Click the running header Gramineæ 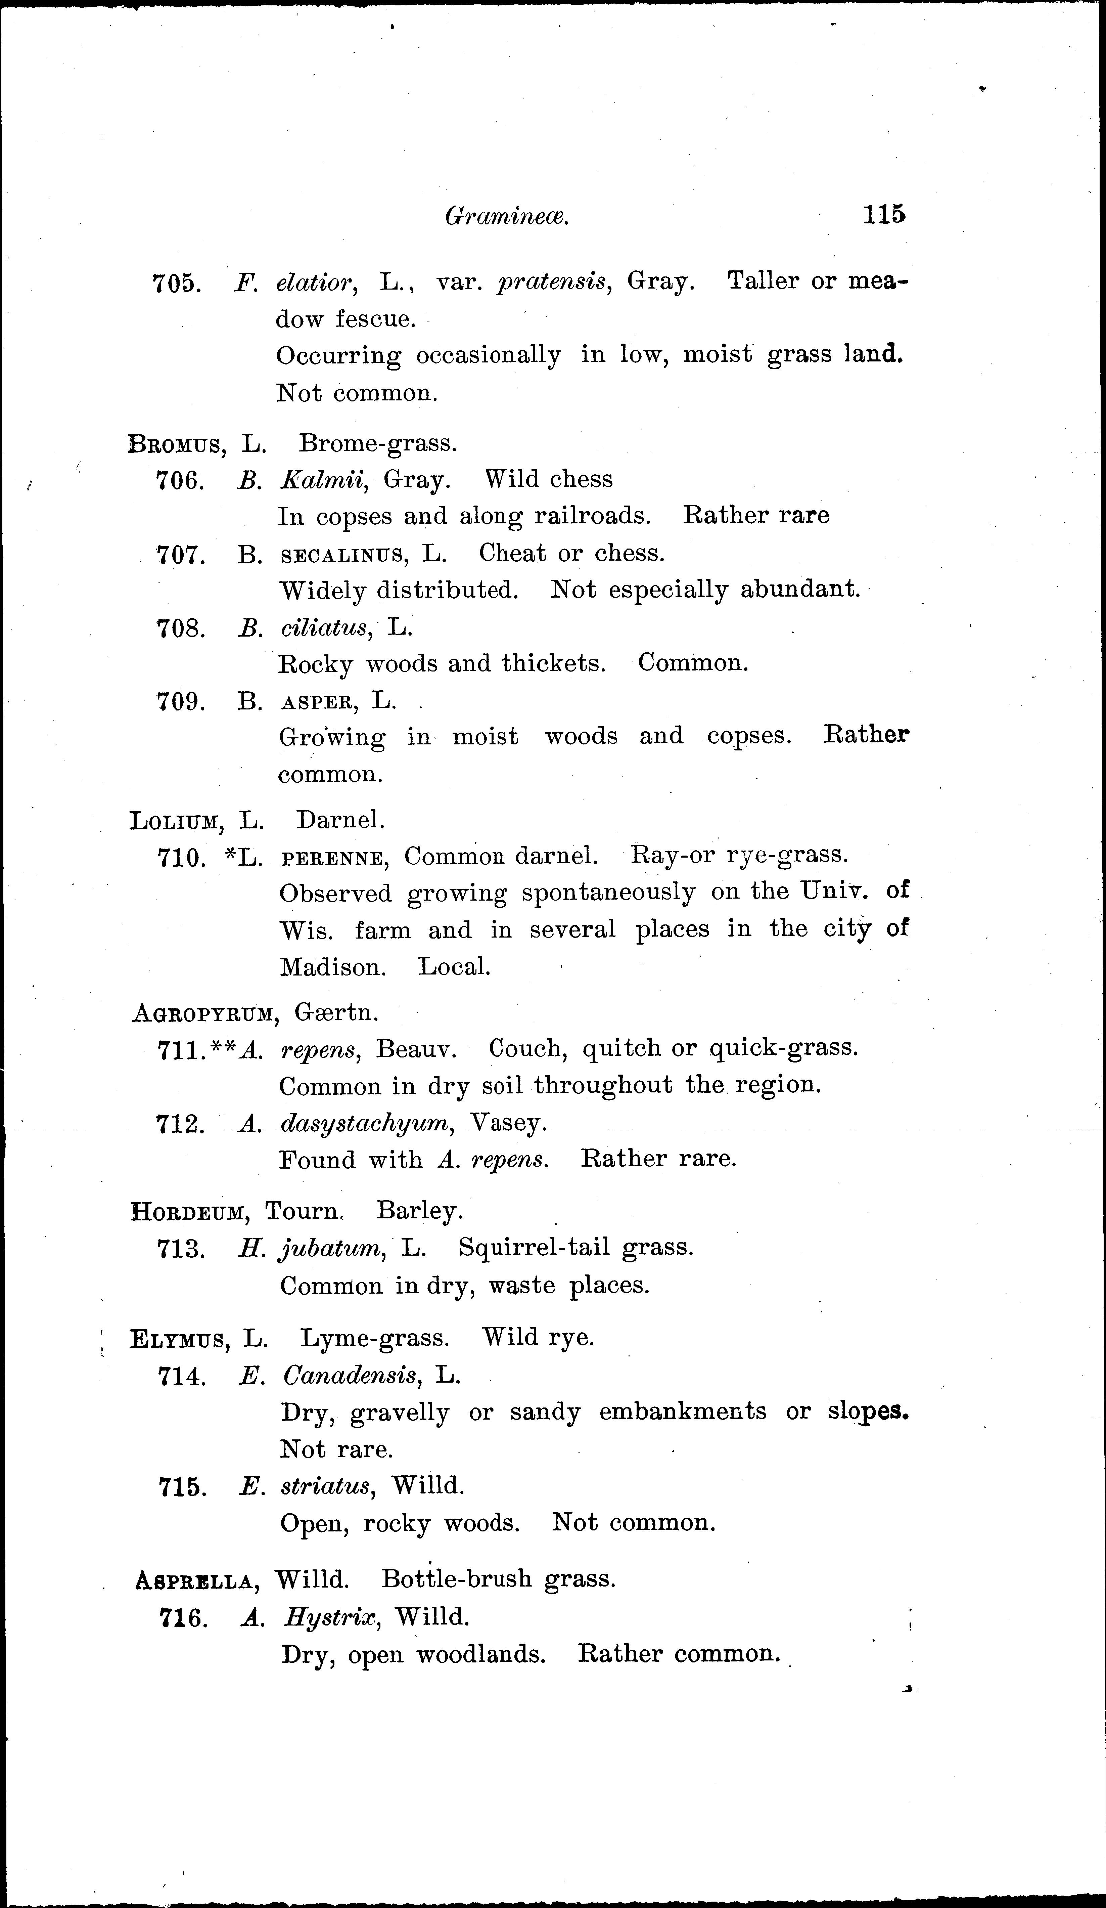click(506, 218)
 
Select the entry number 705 click(176, 283)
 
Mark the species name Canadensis click(350, 1375)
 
